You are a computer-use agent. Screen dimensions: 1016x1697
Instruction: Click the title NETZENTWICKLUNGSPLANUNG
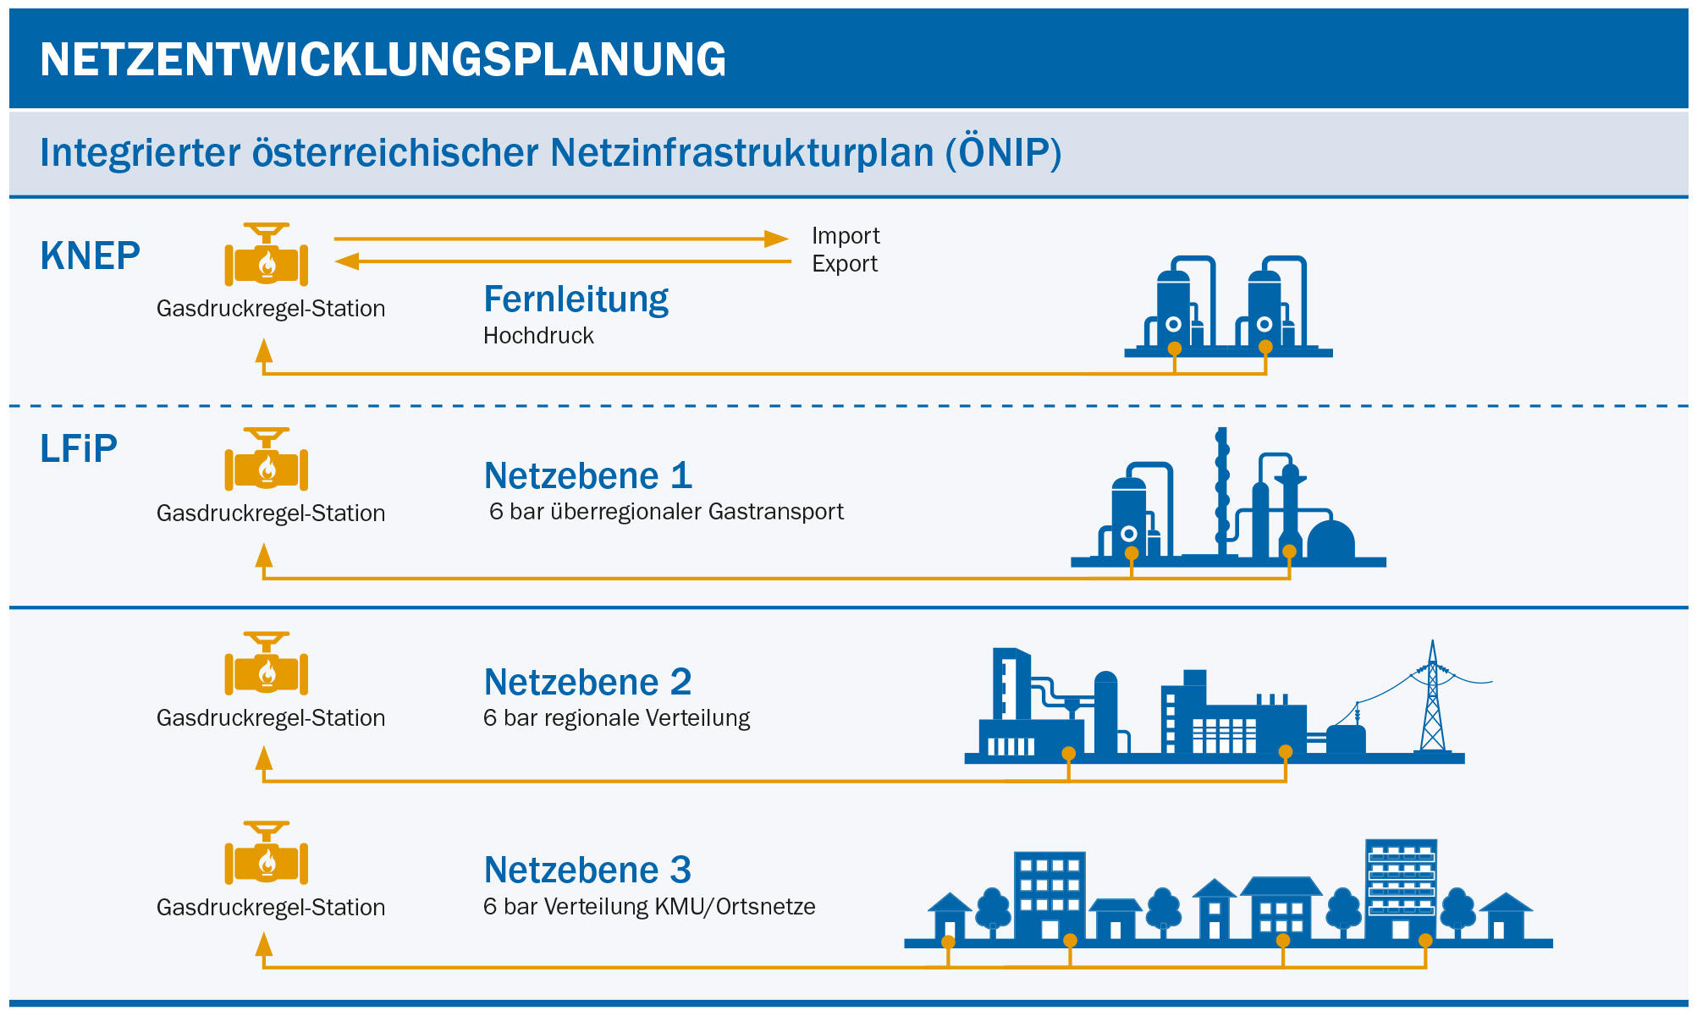[x=383, y=59]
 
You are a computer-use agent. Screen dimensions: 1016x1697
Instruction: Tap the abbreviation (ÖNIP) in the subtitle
[x=1004, y=153]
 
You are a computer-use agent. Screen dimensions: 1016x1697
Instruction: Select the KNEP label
[x=90, y=255]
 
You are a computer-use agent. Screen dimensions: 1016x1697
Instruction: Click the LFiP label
[x=78, y=448]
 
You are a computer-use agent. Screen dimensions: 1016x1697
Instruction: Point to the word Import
[x=846, y=235]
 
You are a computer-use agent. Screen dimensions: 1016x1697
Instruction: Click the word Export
[x=844, y=264]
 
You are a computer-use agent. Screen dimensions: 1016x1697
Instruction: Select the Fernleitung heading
[x=576, y=299]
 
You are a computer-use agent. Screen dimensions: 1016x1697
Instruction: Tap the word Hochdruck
[x=538, y=336]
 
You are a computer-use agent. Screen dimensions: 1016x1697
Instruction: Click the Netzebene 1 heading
[x=587, y=476]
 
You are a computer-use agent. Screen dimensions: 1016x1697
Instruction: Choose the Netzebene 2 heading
[x=587, y=682]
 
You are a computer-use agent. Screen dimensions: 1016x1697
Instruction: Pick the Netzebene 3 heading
[x=587, y=870]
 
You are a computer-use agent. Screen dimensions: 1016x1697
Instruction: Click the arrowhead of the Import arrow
[x=775, y=239]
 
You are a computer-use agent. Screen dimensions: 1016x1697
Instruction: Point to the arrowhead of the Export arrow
[x=348, y=261]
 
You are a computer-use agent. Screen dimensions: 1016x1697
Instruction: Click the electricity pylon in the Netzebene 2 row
[x=1432, y=702]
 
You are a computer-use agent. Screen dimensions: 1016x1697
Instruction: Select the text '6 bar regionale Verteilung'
[x=616, y=718]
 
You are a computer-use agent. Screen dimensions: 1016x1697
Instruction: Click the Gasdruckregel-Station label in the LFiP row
[x=271, y=513]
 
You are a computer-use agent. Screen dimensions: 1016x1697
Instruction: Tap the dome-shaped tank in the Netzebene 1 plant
[x=1331, y=540]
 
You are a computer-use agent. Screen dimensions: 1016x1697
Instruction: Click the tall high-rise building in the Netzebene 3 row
[x=1401, y=888]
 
